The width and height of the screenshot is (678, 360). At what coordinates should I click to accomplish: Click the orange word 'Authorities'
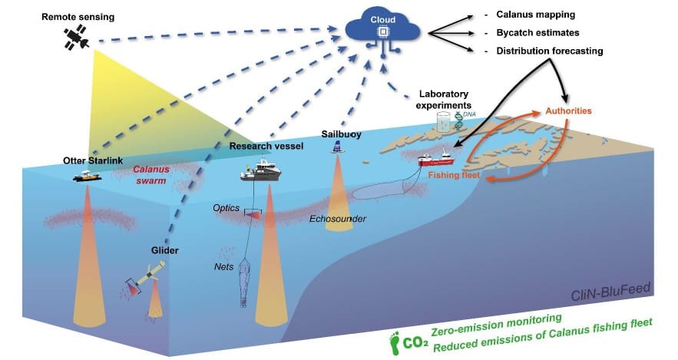point(568,111)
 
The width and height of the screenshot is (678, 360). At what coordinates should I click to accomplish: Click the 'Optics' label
point(227,208)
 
